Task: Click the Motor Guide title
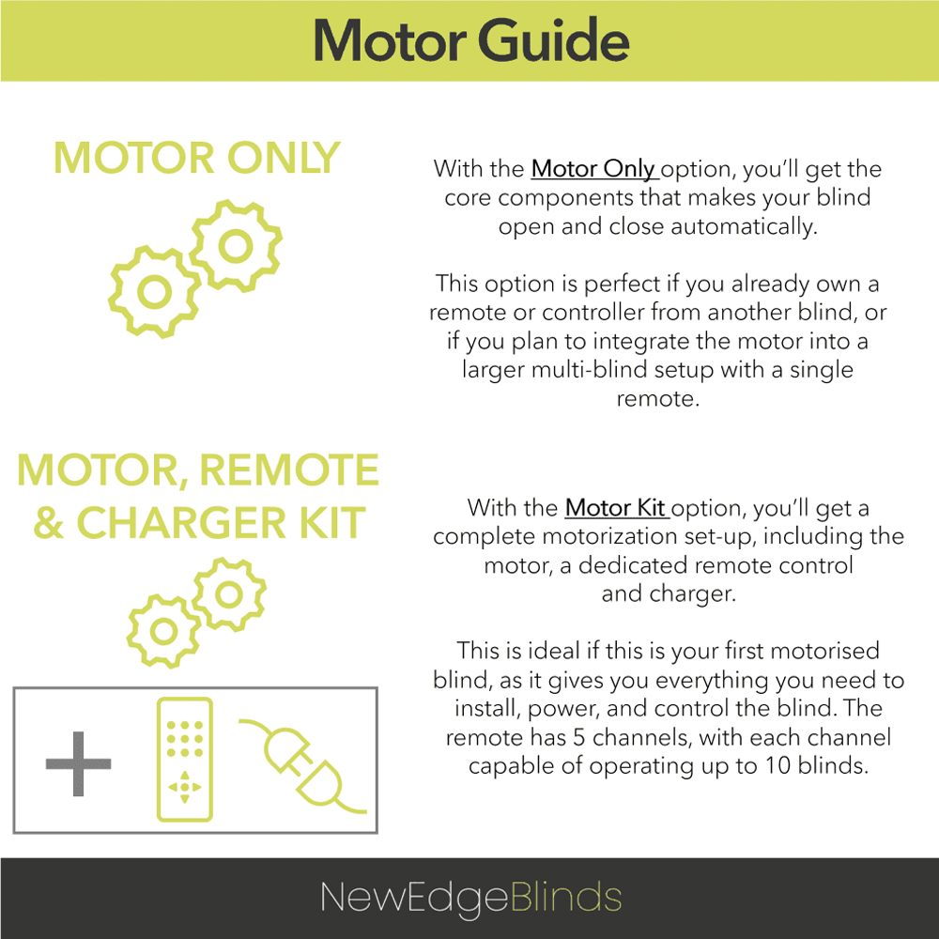(x=471, y=40)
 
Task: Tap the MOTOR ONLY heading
(x=197, y=158)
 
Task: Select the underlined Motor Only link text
(x=594, y=169)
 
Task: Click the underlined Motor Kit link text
(x=616, y=508)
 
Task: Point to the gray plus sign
(x=79, y=763)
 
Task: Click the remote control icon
(x=184, y=760)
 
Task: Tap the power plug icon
(x=303, y=766)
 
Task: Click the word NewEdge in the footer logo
(x=414, y=898)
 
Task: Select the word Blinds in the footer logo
(x=566, y=897)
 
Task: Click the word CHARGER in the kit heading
(x=182, y=523)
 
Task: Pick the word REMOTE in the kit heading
(x=289, y=470)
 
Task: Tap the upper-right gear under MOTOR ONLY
(x=236, y=246)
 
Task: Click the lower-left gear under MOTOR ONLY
(x=155, y=292)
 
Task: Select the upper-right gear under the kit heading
(x=229, y=594)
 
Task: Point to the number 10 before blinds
(x=777, y=766)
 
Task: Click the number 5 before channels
(x=579, y=737)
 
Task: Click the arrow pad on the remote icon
(x=184, y=788)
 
